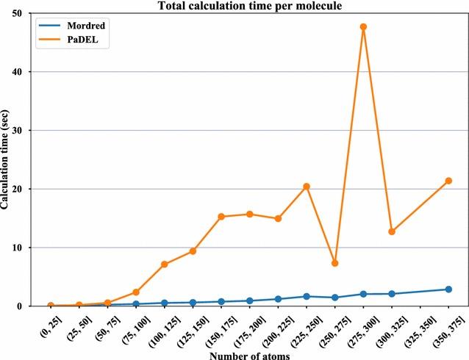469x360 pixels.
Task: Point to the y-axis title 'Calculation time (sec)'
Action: point(6,160)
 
